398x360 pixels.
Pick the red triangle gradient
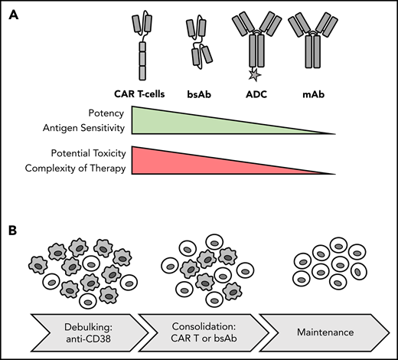(191, 159)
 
